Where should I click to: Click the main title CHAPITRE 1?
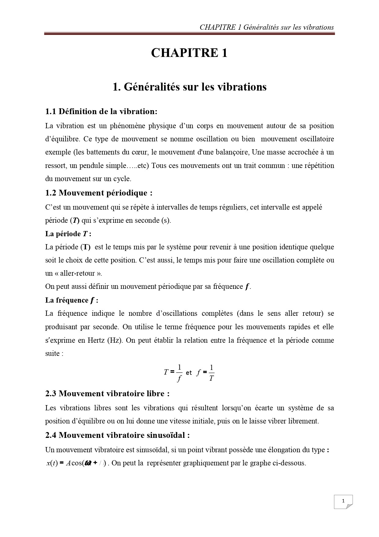(189, 53)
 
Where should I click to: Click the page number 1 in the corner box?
(343, 501)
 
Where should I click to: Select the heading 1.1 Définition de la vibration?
(101, 111)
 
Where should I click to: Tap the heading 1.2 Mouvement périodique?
(99, 193)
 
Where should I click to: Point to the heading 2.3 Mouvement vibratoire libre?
(107, 393)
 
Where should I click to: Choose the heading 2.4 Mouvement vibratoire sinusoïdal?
(117, 435)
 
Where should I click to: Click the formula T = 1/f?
(173, 373)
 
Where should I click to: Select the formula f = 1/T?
(205, 373)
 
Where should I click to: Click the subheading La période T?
(68, 234)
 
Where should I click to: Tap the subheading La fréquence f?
(72, 300)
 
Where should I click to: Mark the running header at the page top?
(267, 27)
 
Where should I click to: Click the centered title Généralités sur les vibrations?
(189, 87)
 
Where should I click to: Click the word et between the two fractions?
(189, 373)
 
